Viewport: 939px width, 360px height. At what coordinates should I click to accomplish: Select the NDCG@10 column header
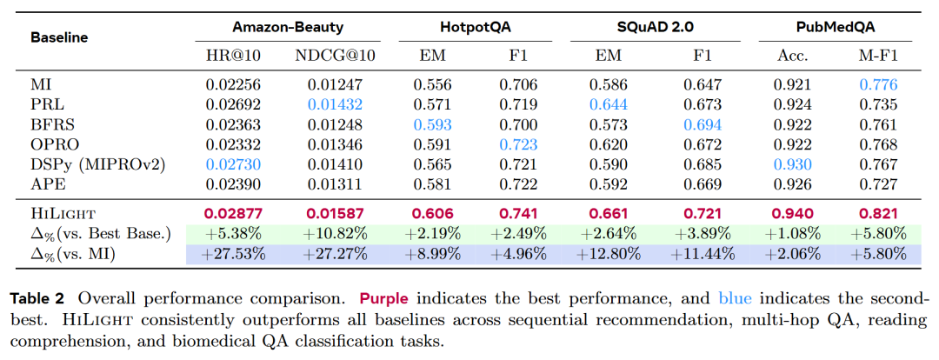tap(336, 56)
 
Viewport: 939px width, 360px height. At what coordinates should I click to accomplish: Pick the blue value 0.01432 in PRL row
tap(336, 105)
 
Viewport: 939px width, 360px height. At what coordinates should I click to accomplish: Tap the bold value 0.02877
tap(233, 214)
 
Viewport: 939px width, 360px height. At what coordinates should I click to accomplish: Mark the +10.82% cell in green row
tap(336, 234)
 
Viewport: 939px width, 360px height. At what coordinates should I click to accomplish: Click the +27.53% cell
tap(233, 254)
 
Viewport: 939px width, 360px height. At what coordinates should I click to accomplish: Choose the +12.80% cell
tap(608, 254)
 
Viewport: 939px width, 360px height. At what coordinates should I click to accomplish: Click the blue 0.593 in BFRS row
tap(432, 124)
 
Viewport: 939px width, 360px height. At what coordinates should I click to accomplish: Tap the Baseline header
tap(59, 37)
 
